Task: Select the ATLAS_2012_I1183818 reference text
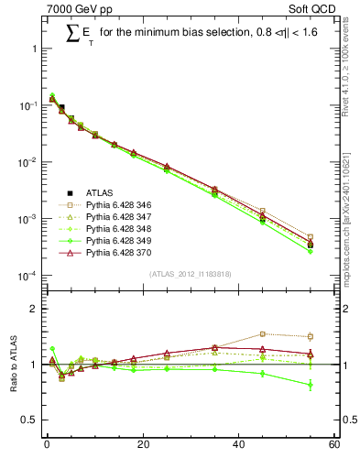(x=190, y=274)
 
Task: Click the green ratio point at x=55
(x=311, y=385)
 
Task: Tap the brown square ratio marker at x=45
(x=263, y=334)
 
